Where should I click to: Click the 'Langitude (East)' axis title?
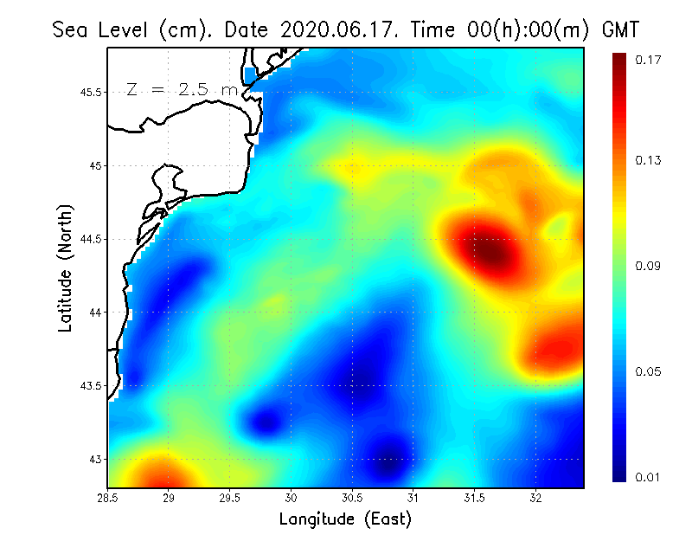(345, 519)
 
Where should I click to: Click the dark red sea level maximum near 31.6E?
(490, 252)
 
